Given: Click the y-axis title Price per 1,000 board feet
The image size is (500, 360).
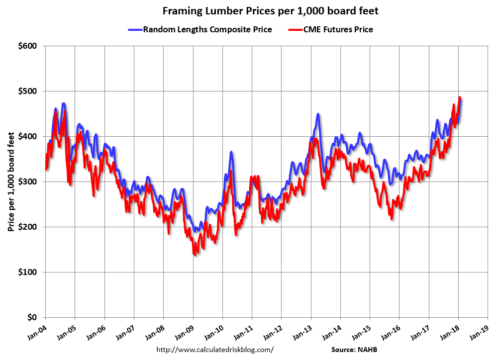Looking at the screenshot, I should click(10, 181).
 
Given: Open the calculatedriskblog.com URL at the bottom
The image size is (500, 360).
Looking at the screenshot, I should click(215, 350).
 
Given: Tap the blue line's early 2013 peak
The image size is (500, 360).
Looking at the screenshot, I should click(317, 114).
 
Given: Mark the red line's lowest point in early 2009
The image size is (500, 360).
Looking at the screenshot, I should click(194, 254).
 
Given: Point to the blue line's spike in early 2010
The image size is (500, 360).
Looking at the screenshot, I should click(231, 152).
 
